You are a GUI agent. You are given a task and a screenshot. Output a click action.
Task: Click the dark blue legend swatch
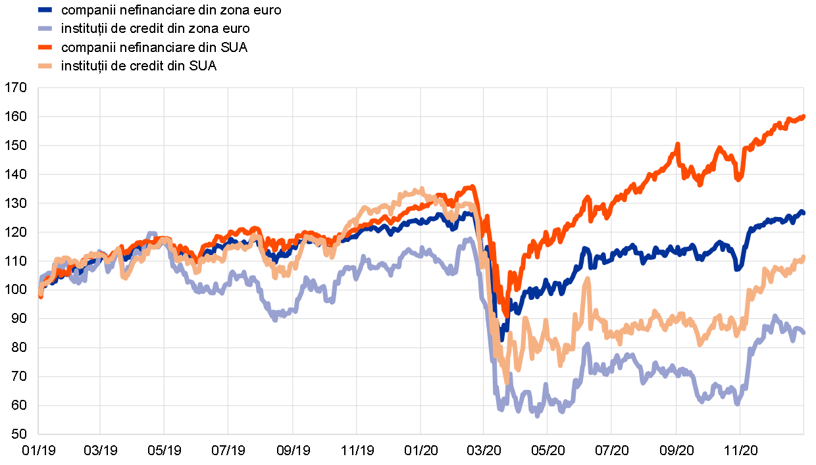click(x=45, y=10)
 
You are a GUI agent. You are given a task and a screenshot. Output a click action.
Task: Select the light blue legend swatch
click(x=45, y=28)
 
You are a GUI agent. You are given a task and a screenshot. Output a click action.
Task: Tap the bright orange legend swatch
click(x=45, y=47)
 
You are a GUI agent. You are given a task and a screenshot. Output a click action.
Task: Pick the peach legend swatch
click(x=45, y=66)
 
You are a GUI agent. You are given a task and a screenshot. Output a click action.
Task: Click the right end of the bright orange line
click(x=803, y=117)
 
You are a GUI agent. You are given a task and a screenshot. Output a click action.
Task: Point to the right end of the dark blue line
click(x=803, y=212)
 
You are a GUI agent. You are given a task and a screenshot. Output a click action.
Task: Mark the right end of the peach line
click(x=803, y=257)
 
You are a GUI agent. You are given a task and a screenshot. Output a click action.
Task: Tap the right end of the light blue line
click(x=803, y=333)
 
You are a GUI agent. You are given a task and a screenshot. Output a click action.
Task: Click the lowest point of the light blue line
click(x=537, y=416)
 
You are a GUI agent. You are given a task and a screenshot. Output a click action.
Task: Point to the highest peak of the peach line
click(x=421, y=189)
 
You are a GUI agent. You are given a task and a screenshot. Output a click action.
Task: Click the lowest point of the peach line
click(x=507, y=381)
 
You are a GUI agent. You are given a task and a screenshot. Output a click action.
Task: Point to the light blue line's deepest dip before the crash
click(x=275, y=320)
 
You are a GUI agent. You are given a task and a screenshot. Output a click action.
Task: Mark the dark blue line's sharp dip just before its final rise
click(x=738, y=268)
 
